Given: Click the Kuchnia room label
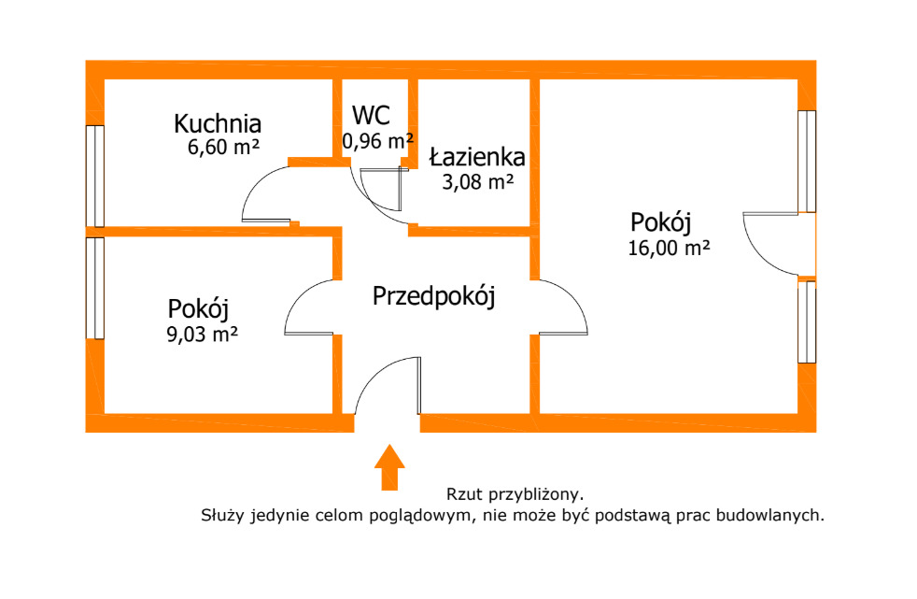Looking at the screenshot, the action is (x=217, y=123).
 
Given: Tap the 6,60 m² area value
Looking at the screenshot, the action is (x=223, y=147).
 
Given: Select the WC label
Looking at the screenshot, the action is (x=371, y=115).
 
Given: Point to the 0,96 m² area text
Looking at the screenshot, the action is (x=378, y=141).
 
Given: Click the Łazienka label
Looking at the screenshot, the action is (x=477, y=157).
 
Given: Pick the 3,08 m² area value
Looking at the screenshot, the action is (x=478, y=182).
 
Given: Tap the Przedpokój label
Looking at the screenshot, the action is (x=434, y=296).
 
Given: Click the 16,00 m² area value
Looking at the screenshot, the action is (x=669, y=248).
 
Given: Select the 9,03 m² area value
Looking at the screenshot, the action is (x=203, y=335).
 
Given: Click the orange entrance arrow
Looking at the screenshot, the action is (x=389, y=467).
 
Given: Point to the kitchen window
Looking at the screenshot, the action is (x=95, y=176).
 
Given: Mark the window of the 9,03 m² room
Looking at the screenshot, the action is (x=95, y=288).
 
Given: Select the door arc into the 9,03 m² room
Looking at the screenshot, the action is (x=298, y=295).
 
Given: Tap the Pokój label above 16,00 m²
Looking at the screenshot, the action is (x=661, y=222).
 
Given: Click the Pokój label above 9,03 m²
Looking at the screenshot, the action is (x=198, y=309).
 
